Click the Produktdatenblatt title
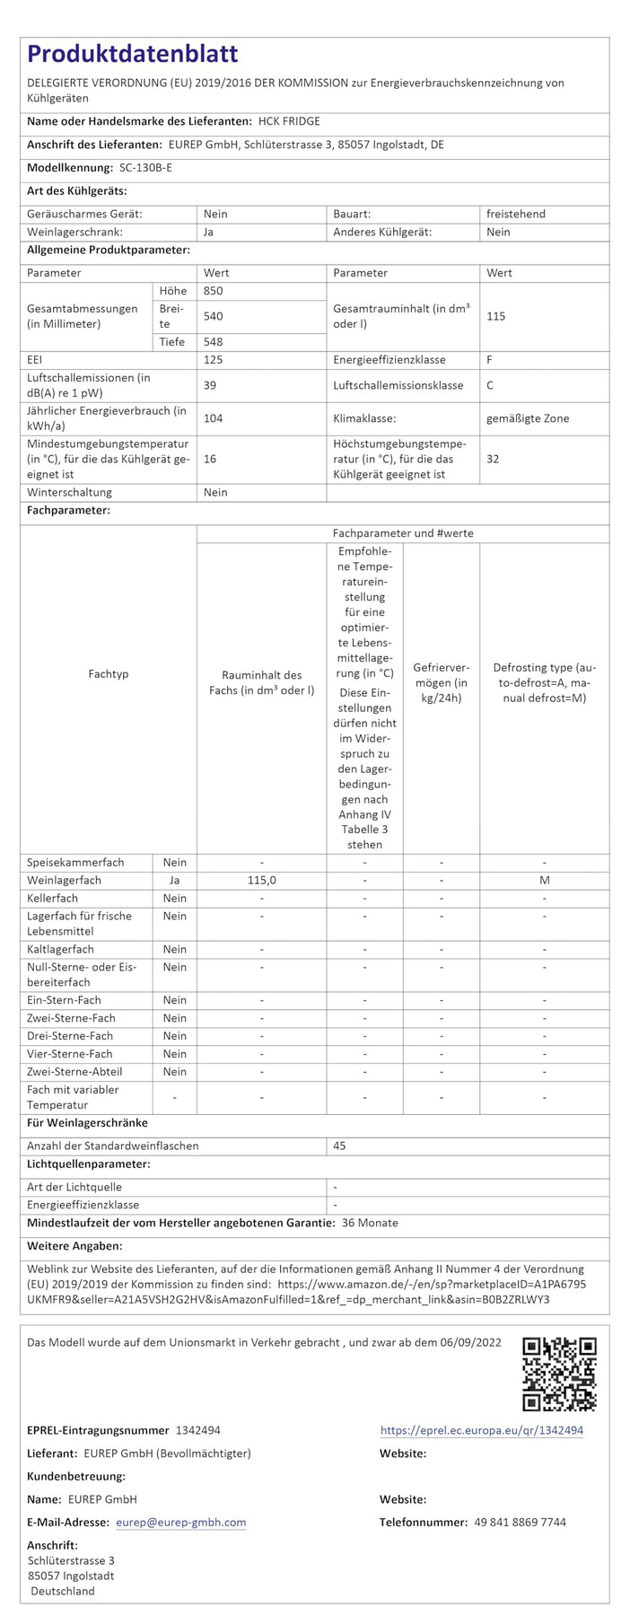(x=133, y=54)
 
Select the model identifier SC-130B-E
(x=145, y=168)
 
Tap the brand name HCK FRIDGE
(x=289, y=121)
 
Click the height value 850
(x=214, y=291)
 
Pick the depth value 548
(x=214, y=342)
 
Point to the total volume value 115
(x=496, y=316)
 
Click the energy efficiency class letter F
(x=490, y=360)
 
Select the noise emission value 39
(x=211, y=385)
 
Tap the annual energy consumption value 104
(x=214, y=418)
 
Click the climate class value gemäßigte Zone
(x=528, y=418)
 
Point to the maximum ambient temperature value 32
(x=493, y=459)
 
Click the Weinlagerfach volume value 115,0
(x=261, y=881)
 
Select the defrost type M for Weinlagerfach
(x=544, y=881)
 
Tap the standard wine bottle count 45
(x=339, y=1146)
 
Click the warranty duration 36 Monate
(x=370, y=1223)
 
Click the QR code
(x=559, y=1374)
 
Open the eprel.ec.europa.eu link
(x=482, y=1430)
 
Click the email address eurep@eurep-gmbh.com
(x=180, y=1523)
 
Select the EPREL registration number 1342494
(x=198, y=1430)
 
